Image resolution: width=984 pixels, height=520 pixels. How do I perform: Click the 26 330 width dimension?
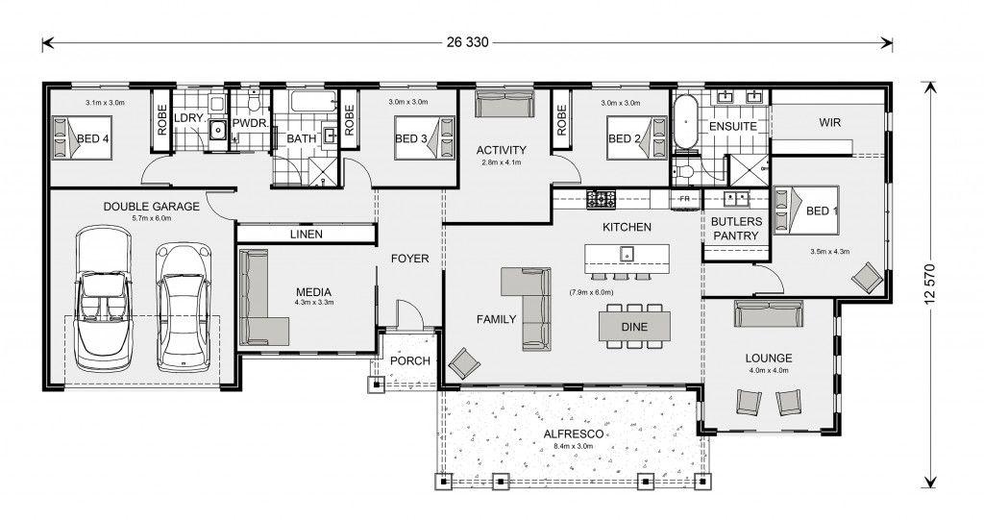coord(468,42)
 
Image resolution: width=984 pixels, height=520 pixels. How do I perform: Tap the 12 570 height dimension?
coord(930,284)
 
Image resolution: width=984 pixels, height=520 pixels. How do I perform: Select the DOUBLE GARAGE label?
coord(151,206)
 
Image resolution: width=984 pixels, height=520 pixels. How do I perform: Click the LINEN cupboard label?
coord(307,235)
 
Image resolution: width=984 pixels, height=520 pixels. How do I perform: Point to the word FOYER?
coord(409,259)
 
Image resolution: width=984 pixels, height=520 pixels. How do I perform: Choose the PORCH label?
coord(409,360)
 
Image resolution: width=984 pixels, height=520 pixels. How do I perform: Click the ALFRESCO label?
coord(574,433)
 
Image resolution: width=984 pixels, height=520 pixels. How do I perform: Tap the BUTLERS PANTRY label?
coord(736,229)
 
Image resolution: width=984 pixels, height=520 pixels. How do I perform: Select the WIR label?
coord(829,122)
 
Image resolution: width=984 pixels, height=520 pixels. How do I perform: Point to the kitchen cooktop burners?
coord(602,199)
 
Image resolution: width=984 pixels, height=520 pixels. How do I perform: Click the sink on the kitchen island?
coord(626,255)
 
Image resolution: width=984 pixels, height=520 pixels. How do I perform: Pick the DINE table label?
coord(634,327)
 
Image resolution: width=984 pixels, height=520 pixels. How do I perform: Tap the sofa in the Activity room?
coord(504,104)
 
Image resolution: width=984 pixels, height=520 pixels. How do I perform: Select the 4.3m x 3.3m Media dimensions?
coord(314,302)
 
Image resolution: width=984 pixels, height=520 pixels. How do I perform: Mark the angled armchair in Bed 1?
coord(868,277)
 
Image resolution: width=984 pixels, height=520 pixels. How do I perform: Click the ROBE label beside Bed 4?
coord(161,120)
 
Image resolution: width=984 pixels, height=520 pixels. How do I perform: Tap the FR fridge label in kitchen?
coord(683,199)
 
